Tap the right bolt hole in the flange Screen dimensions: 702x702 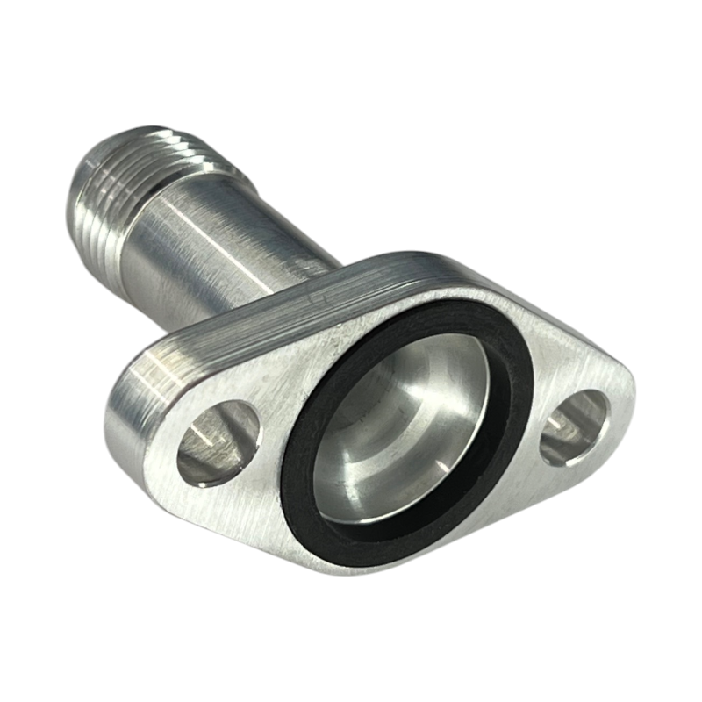point(575,427)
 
